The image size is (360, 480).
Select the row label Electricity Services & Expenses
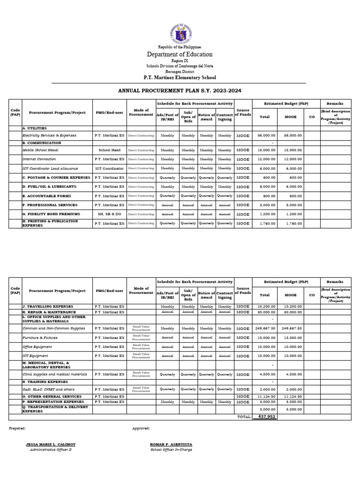click(49, 135)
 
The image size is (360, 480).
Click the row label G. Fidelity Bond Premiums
click(51, 214)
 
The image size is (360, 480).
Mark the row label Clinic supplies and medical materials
click(55, 375)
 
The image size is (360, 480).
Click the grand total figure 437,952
click(265, 416)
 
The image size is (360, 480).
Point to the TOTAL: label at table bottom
click(244, 416)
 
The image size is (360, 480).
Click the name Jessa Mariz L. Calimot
click(50, 444)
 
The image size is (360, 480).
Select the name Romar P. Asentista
click(171, 444)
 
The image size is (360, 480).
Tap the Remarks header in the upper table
click(336, 103)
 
